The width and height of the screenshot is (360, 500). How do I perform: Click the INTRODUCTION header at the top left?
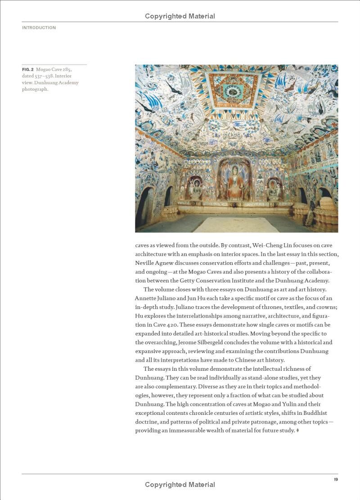pos(39,28)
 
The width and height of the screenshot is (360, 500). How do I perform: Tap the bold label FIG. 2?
pos(28,70)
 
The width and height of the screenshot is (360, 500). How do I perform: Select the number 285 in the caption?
pos(67,70)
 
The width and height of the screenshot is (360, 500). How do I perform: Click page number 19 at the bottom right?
pos(336,479)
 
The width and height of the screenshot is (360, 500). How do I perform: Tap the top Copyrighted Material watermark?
pos(180,16)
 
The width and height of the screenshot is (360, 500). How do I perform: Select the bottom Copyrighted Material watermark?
pos(180,485)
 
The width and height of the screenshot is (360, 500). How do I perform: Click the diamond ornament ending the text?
pos(298,431)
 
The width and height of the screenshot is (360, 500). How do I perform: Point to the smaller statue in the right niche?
pos(274,189)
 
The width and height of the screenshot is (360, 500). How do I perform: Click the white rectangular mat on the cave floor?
pos(236,224)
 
